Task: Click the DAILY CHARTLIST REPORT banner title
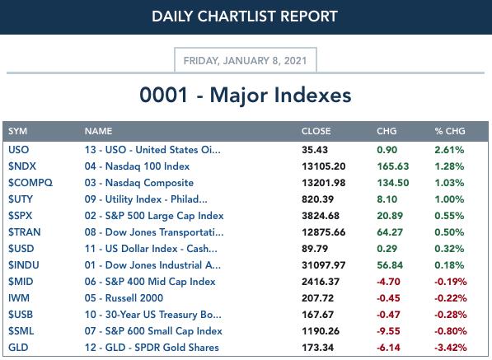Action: click(x=245, y=16)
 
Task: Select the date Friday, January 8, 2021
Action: click(x=245, y=60)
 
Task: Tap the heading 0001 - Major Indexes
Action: click(x=246, y=95)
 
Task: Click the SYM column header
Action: click(x=17, y=131)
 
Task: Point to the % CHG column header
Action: click(x=450, y=131)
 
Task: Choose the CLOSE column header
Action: click(x=316, y=131)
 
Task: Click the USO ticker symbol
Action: click(x=18, y=150)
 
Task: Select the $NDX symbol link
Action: click(x=22, y=166)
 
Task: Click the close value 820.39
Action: click(x=317, y=199)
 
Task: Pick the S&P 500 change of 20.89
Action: click(x=390, y=216)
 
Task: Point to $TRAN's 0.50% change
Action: click(x=449, y=232)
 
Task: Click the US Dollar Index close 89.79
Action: click(x=315, y=249)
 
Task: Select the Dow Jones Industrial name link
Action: click(x=152, y=265)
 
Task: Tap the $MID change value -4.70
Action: click(x=388, y=282)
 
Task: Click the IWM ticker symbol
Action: click(x=19, y=298)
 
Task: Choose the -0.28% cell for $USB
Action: click(x=451, y=315)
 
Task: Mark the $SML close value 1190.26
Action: click(x=321, y=331)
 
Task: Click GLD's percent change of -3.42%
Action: click(x=451, y=348)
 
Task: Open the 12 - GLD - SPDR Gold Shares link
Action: click(x=152, y=348)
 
